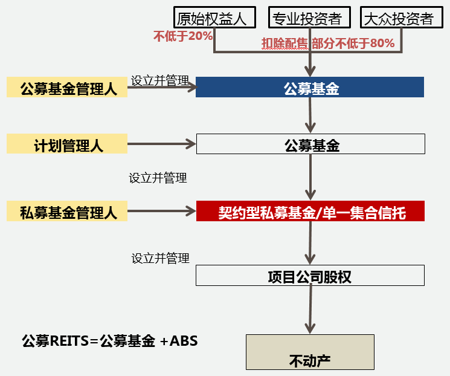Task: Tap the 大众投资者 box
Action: coord(398,18)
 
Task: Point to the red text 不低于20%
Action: coord(182,36)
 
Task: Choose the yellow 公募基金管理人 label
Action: coord(67,88)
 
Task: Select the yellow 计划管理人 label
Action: coord(67,145)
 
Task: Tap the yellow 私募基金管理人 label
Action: coord(67,212)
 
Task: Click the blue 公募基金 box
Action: coord(310,88)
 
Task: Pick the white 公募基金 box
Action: coord(310,144)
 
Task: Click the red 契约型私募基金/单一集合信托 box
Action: coord(310,212)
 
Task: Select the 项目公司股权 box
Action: coord(310,276)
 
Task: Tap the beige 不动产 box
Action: coord(310,352)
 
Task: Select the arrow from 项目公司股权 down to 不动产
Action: coord(310,308)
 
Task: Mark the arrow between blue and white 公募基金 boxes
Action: coord(310,115)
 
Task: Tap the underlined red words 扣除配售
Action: coord(284,43)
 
